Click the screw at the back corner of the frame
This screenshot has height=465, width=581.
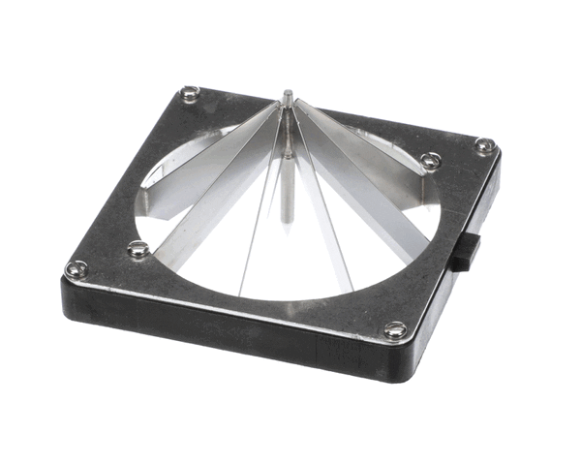coord(192,93)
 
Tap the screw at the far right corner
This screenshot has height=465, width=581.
coord(485,146)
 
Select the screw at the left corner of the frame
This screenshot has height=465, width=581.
coord(76,268)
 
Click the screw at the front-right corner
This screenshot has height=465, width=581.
coord(395,330)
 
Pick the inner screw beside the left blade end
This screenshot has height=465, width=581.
coord(138,250)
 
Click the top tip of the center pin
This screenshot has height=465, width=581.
coord(288,95)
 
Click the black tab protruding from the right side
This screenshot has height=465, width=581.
coord(467,251)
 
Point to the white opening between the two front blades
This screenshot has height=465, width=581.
coord(281,262)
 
